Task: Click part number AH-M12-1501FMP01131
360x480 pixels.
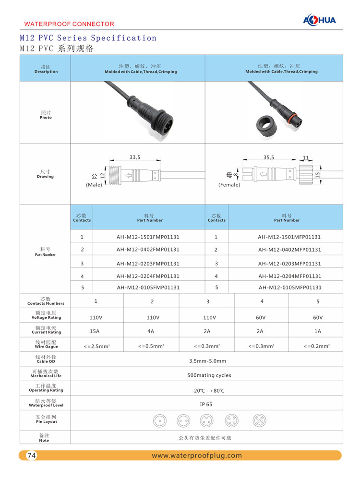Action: [148, 237]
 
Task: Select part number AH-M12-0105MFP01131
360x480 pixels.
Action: [289, 288]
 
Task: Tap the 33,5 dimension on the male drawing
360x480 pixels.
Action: [135, 157]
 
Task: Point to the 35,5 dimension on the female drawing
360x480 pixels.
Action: [269, 157]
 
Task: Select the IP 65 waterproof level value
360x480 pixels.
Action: [206, 405]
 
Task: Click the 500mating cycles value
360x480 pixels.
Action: [209, 375]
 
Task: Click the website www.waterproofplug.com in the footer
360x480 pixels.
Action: [197, 456]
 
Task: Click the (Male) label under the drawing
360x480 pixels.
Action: [94, 185]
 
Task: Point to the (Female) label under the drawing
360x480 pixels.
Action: [229, 185]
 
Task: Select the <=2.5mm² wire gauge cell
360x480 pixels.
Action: [96, 346]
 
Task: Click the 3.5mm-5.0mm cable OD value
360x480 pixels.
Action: [207, 361]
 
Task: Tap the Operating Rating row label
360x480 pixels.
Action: [46, 391]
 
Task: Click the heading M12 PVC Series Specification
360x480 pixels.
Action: [88, 38]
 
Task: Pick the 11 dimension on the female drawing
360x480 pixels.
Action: [306, 157]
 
